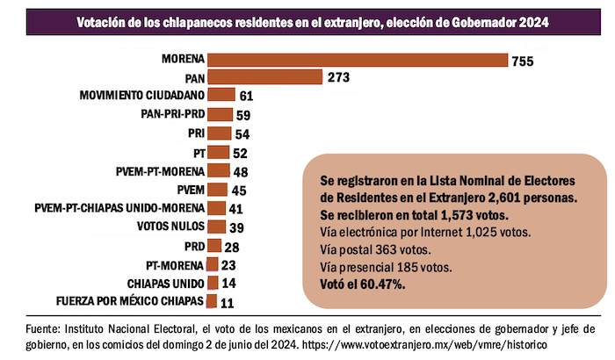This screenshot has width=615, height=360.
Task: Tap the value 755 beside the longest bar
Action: [x=525, y=61]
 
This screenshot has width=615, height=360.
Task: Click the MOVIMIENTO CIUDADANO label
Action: [x=141, y=95]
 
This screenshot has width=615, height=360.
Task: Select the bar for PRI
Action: [x=220, y=133]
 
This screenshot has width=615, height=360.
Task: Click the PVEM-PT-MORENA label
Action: [x=160, y=170]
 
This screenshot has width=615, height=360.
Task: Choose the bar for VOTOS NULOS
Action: [x=216, y=227]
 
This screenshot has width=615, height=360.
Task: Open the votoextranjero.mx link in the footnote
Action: [x=463, y=345]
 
